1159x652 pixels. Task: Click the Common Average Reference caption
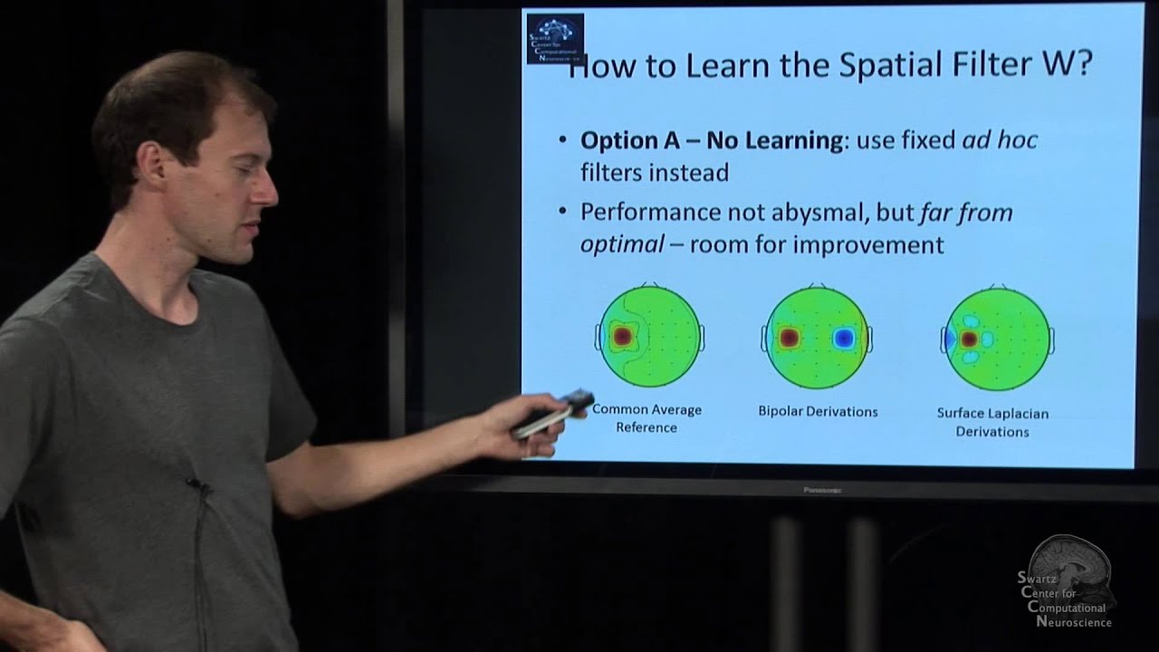pos(647,418)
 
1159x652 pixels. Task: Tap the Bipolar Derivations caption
pos(818,411)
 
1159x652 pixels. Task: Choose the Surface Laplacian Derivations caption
pos(992,423)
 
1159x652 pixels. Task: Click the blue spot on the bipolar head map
pos(844,338)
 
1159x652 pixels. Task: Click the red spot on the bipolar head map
pos(789,338)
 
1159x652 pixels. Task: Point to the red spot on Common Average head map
pos(622,337)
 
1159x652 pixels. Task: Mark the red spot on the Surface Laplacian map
pos(968,340)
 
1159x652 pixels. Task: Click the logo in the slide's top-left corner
pos(555,38)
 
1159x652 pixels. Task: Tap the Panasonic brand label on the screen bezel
pos(822,490)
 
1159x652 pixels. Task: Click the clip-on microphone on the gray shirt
pos(199,490)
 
